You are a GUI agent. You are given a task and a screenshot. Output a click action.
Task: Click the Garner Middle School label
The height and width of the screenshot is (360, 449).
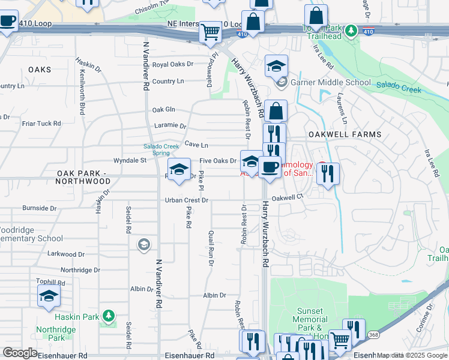pyautogui.click(x=331, y=83)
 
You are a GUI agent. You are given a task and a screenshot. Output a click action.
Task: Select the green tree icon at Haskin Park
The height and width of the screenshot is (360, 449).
pyautogui.click(x=108, y=315)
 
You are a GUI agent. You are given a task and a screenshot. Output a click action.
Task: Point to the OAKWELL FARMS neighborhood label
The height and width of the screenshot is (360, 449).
pyautogui.click(x=345, y=135)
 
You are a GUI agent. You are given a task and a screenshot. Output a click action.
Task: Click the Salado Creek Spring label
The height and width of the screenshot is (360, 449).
pyautogui.click(x=161, y=149)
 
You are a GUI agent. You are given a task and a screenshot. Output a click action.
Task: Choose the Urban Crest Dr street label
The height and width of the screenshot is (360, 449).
pyautogui.click(x=187, y=200)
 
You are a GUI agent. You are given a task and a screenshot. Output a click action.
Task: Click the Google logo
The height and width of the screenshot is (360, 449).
pyautogui.click(x=20, y=353)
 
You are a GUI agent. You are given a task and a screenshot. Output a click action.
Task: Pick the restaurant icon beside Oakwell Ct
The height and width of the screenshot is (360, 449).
pyautogui.click(x=328, y=173)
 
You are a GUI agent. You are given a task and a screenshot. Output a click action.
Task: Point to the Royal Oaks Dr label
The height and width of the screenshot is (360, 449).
pyautogui.click(x=173, y=64)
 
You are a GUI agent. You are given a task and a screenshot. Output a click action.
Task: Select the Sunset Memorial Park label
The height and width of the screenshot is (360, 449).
pyautogui.click(x=311, y=320)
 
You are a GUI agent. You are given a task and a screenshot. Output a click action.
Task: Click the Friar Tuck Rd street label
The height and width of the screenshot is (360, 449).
pyautogui.click(x=41, y=124)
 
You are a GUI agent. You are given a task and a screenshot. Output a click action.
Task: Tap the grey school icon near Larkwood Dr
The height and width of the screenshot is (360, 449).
pyautogui.click(x=143, y=244)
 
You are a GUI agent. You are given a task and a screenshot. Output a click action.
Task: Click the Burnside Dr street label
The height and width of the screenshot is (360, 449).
pyautogui.click(x=39, y=208)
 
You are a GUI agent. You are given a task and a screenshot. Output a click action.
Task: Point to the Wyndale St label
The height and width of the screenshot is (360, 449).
pyautogui.click(x=130, y=161)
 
